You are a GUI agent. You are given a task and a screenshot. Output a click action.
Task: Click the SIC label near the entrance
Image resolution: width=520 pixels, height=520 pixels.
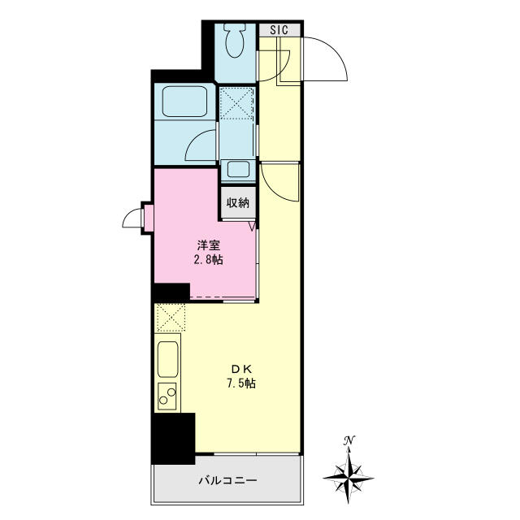tap(279, 30)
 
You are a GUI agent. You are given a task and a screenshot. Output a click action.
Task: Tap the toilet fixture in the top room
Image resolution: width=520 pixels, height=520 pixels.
tap(236, 41)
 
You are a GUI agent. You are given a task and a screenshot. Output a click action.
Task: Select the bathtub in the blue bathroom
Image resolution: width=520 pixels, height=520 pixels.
tap(186, 102)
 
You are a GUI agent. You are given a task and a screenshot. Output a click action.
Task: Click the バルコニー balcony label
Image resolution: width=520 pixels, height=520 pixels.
tap(228, 481)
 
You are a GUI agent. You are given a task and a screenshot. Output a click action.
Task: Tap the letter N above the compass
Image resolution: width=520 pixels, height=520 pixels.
tap(349, 441)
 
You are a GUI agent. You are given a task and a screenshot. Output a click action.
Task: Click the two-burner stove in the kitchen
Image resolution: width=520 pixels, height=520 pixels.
tap(167, 396)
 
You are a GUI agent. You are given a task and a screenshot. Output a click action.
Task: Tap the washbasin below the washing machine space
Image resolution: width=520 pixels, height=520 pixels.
tap(238, 170)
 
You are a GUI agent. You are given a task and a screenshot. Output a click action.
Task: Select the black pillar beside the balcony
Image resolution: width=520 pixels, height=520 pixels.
tap(174, 439)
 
